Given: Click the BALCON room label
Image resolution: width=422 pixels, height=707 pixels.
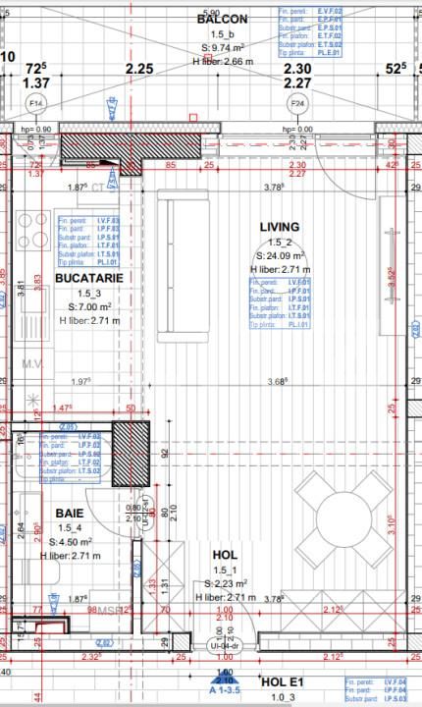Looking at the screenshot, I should (222, 19).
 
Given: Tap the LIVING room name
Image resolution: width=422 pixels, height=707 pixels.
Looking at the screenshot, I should (279, 227).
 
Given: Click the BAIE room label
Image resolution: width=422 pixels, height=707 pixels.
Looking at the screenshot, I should (69, 514).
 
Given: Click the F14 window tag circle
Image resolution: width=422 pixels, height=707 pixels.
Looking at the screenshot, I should (36, 103).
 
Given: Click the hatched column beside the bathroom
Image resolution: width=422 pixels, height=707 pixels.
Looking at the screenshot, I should (129, 452).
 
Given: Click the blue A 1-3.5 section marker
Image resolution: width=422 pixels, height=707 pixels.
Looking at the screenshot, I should (223, 688).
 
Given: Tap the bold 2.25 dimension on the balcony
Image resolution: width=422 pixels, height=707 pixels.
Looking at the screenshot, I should (139, 69).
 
